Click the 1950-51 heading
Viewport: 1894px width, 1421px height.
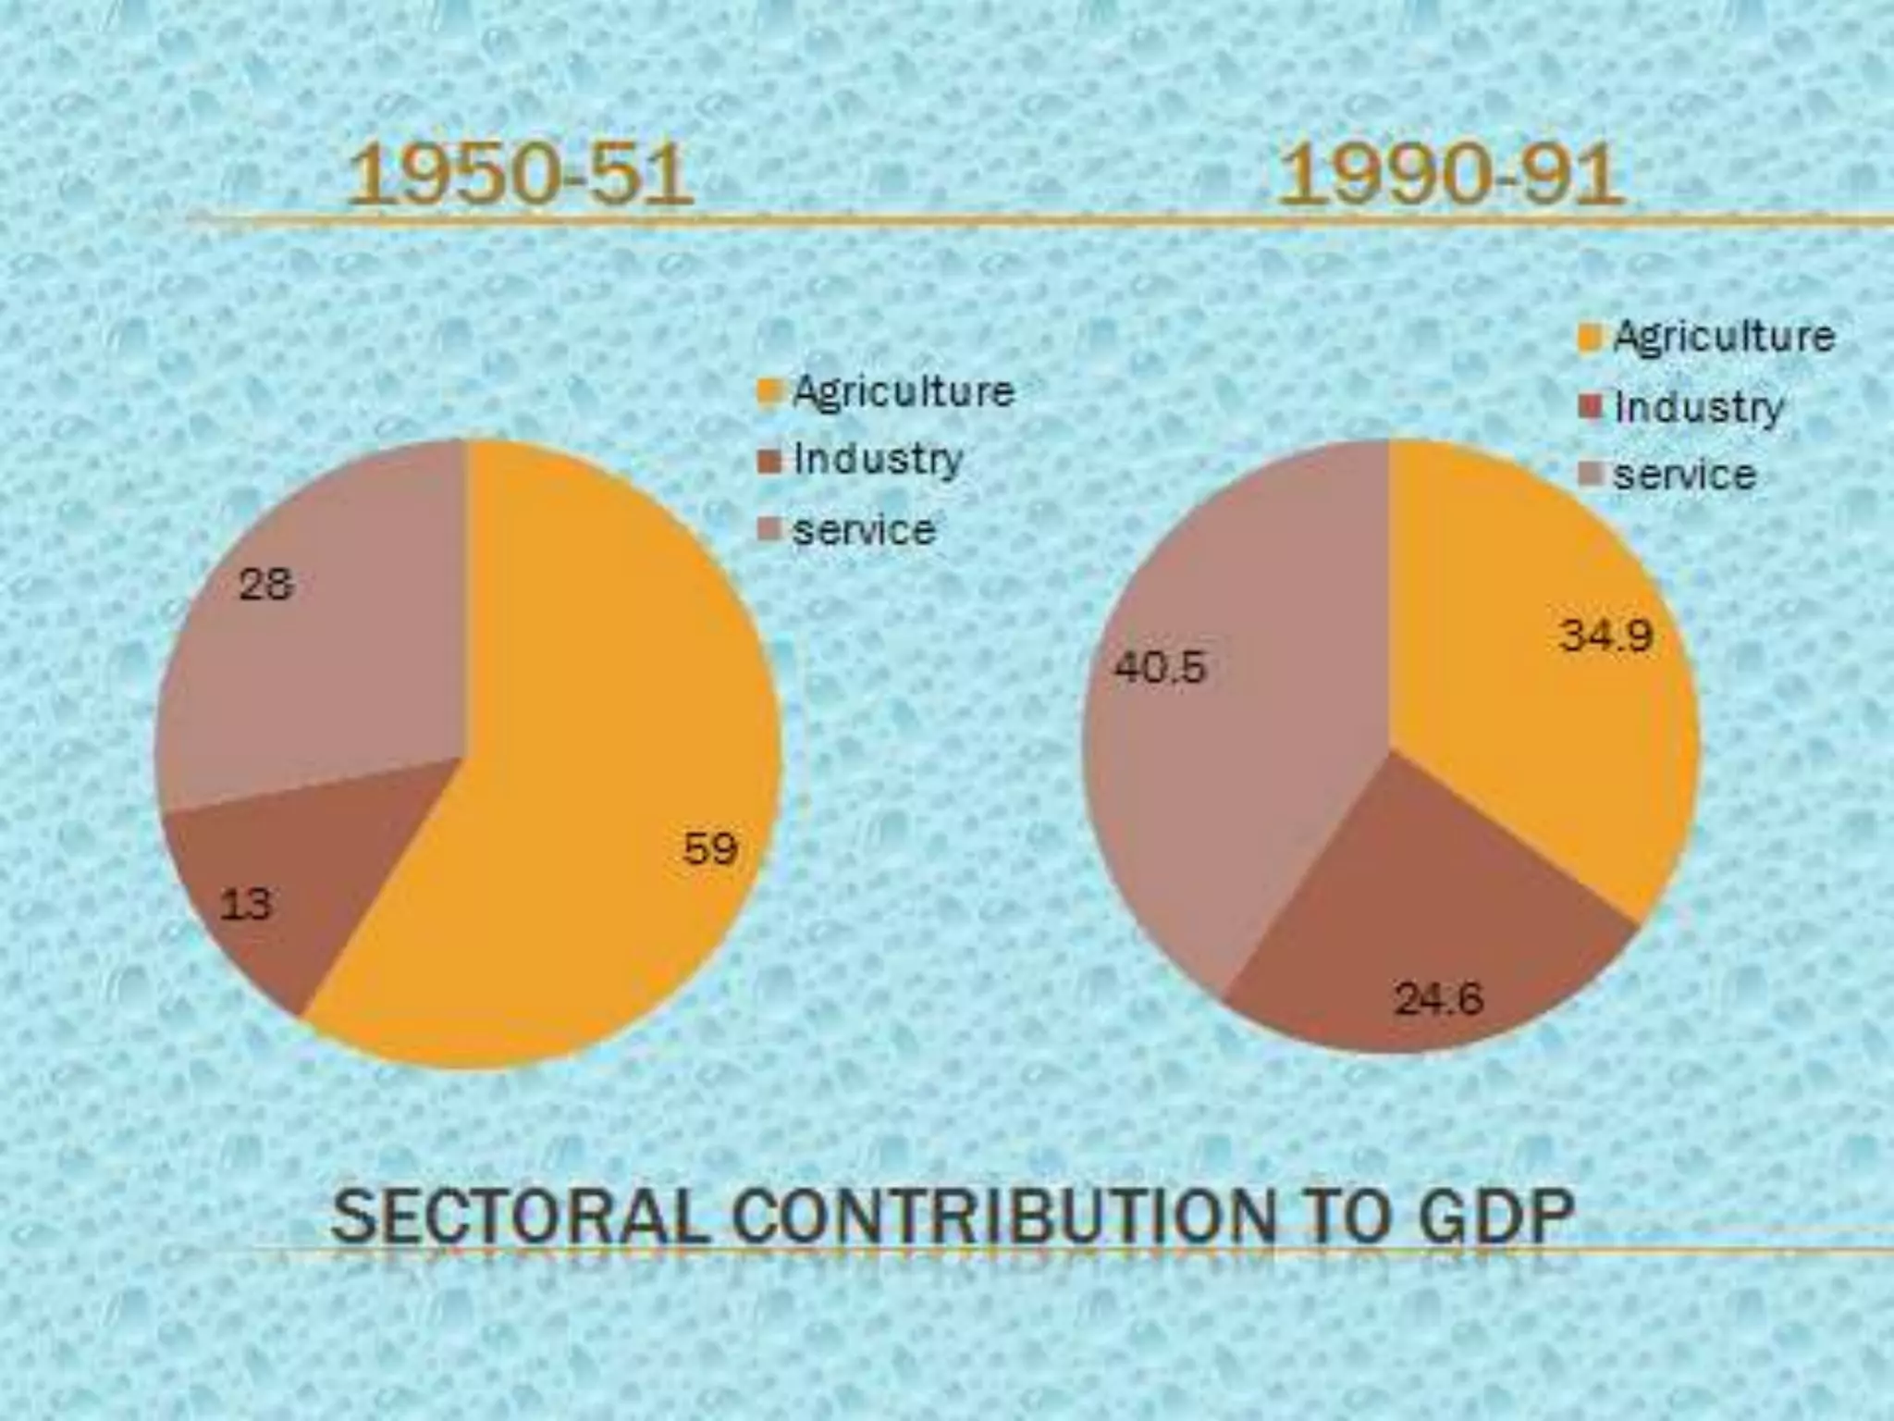(x=520, y=175)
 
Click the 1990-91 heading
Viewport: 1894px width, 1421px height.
(x=1449, y=175)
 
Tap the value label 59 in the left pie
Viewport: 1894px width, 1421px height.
(x=710, y=848)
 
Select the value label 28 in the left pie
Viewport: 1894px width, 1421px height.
(x=266, y=585)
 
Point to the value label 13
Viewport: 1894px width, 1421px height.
(x=246, y=904)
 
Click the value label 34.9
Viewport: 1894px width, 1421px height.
(x=1606, y=636)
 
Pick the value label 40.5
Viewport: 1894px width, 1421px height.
(x=1161, y=667)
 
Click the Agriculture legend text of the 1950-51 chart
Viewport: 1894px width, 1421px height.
(x=904, y=391)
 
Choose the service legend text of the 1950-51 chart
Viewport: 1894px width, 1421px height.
(x=865, y=530)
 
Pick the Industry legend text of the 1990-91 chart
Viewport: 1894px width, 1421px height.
(x=1699, y=407)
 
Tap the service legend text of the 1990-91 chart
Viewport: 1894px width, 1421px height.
(x=1684, y=476)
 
